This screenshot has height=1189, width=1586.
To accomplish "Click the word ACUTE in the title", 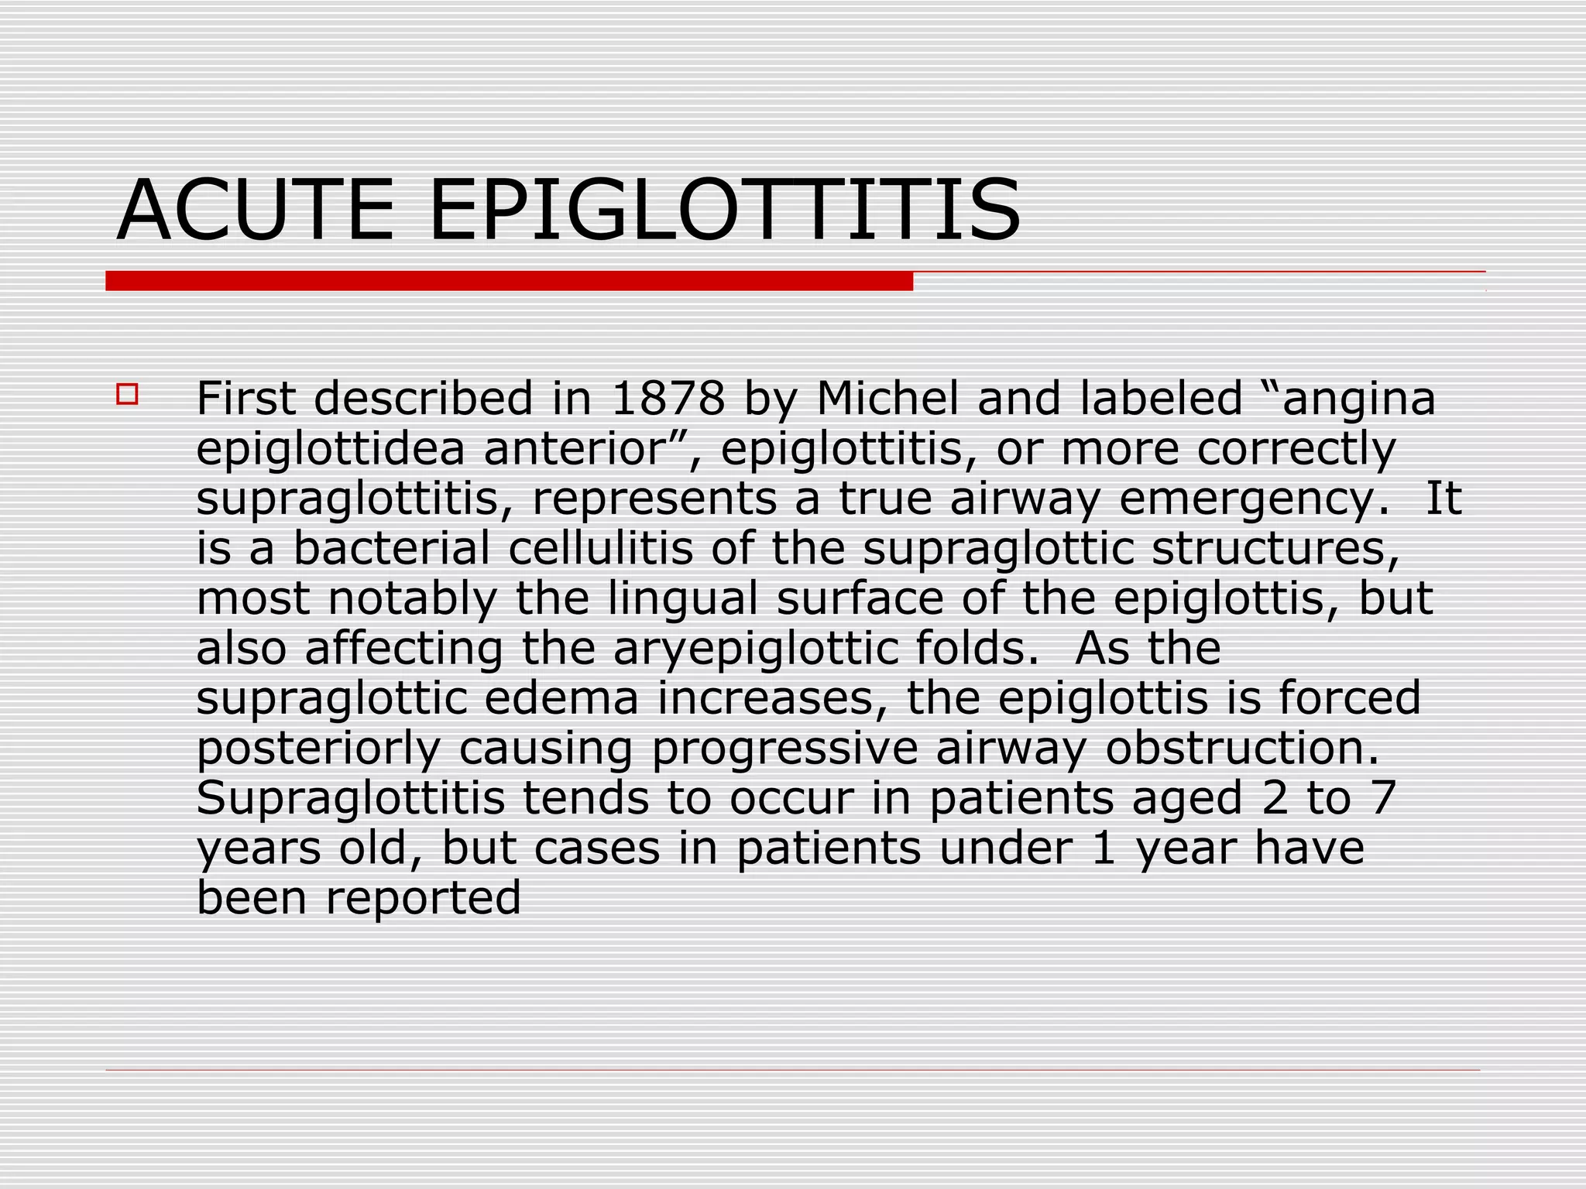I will (x=256, y=211).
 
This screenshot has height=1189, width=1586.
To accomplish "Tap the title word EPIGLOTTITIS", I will (x=725, y=211).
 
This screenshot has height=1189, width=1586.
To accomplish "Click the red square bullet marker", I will (x=127, y=395).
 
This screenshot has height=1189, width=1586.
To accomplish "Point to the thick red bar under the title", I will (x=509, y=281).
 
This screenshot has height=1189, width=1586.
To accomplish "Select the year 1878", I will (x=668, y=399).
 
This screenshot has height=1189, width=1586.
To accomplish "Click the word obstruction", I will (x=1242, y=748).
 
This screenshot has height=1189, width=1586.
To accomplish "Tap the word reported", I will (x=423, y=899).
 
